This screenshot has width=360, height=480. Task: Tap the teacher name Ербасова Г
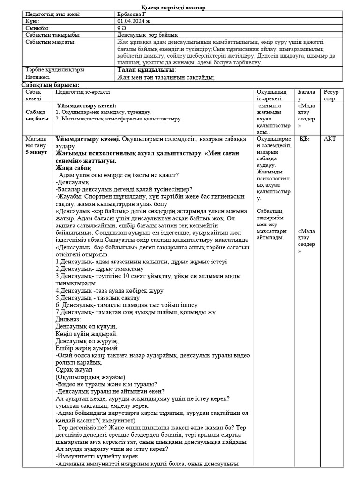click(x=132, y=15)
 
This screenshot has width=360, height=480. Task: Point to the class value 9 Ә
click(x=121, y=28)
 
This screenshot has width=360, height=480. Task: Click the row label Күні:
click(x=32, y=21)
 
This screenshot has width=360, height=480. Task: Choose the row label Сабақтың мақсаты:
click(x=51, y=42)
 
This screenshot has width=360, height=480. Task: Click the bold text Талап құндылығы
click(x=145, y=70)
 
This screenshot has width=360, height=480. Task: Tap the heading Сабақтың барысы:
click(x=51, y=84)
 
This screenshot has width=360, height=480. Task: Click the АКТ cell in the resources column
click(x=330, y=139)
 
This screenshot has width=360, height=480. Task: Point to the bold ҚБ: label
click(x=305, y=139)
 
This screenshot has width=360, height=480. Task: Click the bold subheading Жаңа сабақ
click(x=73, y=168)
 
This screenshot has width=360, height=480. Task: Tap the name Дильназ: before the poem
click(x=68, y=319)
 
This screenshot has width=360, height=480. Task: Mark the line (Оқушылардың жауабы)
click(x=90, y=377)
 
